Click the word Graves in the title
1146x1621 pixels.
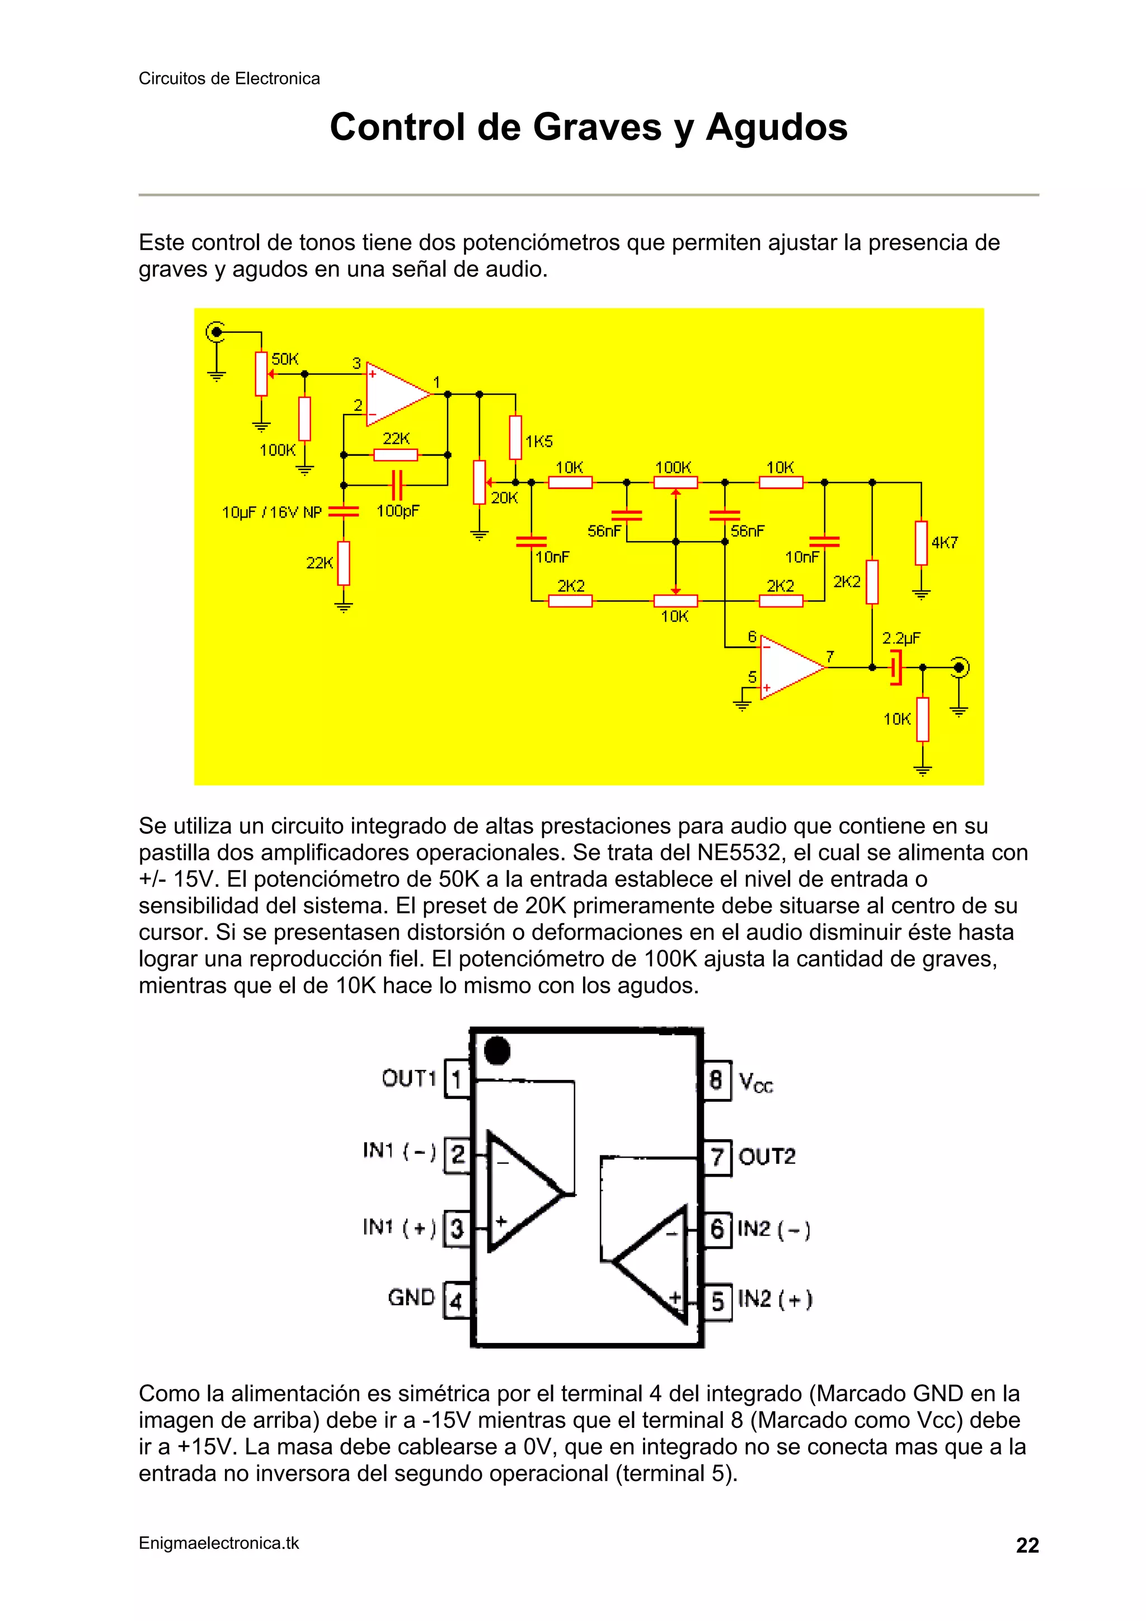point(591,128)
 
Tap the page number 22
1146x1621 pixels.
point(1027,1545)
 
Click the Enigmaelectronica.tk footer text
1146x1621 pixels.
point(219,1543)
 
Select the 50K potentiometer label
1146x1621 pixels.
point(285,359)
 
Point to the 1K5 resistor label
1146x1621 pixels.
point(539,442)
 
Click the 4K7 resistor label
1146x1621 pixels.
point(945,543)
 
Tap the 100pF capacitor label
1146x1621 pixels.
point(397,510)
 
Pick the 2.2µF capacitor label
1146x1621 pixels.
point(901,639)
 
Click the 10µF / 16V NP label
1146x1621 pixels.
point(272,513)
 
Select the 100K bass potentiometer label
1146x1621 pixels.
point(673,467)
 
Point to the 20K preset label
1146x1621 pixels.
point(504,499)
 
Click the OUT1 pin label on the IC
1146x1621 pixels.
point(408,1079)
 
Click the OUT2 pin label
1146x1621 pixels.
point(767,1157)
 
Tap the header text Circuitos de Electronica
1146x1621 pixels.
point(229,78)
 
